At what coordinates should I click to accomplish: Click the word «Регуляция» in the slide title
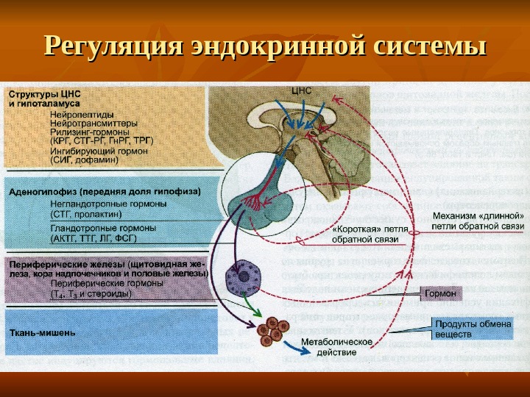tap(113, 45)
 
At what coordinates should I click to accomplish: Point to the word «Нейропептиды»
tap(82, 115)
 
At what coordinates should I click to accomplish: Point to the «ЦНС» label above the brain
tap(303, 91)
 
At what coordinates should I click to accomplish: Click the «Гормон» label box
tap(439, 293)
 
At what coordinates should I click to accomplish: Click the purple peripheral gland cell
tap(241, 278)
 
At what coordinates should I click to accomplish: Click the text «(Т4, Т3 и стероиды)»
tap(91, 293)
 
